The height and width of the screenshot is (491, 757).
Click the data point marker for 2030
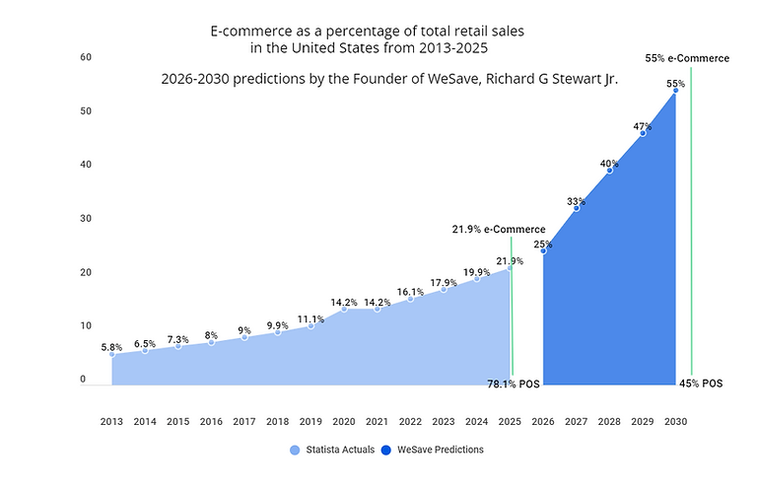[675, 92]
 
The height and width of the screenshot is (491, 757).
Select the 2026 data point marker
[543, 250]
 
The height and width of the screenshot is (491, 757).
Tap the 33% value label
[577, 201]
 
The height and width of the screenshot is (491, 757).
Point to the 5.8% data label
[111, 347]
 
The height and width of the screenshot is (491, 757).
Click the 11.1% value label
[310, 318]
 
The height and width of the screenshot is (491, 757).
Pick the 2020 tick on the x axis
[344, 421]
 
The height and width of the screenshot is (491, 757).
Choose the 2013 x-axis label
[111, 421]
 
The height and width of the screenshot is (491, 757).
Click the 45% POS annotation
[700, 384]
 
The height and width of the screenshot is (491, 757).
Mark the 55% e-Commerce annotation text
[687, 58]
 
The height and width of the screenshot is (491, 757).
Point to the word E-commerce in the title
[251, 32]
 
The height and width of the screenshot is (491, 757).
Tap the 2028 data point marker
[609, 171]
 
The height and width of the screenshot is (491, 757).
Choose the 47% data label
[643, 126]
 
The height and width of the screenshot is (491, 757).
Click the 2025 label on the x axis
[510, 421]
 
